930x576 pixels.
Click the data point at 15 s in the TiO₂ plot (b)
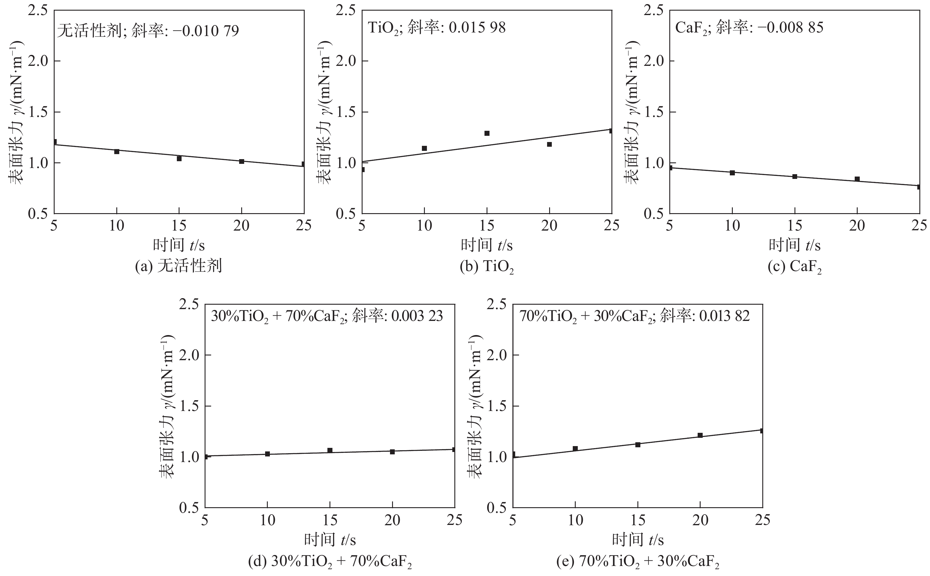(487, 133)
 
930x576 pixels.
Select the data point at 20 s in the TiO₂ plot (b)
(549, 144)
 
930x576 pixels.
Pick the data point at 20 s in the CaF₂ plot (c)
(857, 179)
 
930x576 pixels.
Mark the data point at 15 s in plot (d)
(330, 450)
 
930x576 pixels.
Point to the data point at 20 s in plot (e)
(700, 435)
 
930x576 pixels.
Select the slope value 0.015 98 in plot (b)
(477, 27)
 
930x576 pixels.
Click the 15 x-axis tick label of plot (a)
(179, 226)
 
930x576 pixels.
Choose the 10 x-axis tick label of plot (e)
(575, 520)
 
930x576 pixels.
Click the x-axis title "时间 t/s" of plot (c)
(794, 245)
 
